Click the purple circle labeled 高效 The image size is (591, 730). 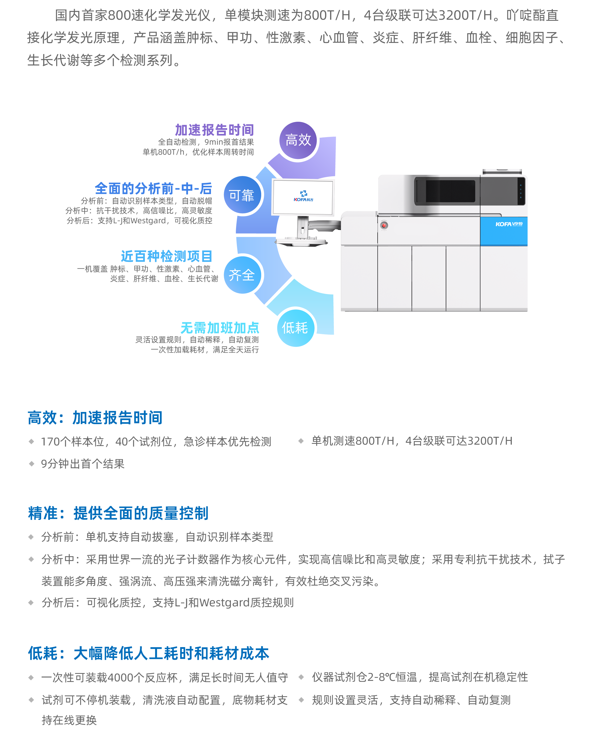298,140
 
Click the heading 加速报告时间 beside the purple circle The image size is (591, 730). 214,130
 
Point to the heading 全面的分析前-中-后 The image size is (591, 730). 153,188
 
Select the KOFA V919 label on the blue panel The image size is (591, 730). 509,224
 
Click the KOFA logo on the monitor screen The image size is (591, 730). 303,196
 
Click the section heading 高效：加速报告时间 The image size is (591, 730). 95,418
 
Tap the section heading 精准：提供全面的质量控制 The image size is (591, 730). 118,513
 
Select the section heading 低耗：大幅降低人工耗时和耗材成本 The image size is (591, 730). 149,653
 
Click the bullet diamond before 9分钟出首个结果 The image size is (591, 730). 32,464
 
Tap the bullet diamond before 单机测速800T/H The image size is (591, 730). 301,441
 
